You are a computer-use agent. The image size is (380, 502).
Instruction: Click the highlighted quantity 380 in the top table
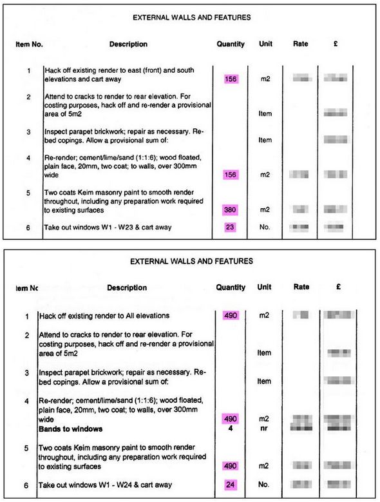click(231, 209)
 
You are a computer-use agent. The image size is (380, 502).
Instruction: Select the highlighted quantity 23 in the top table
click(231, 227)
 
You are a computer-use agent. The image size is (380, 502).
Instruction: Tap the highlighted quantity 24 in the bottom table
click(231, 484)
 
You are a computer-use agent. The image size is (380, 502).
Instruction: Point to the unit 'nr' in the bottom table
click(264, 429)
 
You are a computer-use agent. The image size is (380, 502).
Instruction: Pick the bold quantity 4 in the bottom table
click(231, 429)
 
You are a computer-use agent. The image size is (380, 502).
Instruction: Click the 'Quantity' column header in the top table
click(231, 44)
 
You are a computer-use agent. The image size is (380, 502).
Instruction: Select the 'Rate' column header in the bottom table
click(301, 287)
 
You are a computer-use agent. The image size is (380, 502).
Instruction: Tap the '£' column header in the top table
click(336, 44)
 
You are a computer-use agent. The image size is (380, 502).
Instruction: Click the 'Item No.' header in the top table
click(29, 44)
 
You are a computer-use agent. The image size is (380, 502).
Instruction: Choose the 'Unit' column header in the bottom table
click(265, 287)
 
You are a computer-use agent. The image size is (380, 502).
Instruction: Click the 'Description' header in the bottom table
click(128, 287)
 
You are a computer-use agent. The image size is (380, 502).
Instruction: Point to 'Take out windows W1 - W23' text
click(108, 227)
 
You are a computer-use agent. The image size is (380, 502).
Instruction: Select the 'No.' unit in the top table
click(265, 227)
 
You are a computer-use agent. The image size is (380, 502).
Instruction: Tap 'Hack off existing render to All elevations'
click(104, 316)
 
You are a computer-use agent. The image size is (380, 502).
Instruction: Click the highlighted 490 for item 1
click(231, 316)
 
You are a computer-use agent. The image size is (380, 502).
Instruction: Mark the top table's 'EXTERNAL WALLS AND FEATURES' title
click(191, 17)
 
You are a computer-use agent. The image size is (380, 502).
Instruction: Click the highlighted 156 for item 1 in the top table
click(231, 79)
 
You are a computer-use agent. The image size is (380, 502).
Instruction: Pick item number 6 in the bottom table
click(26, 485)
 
